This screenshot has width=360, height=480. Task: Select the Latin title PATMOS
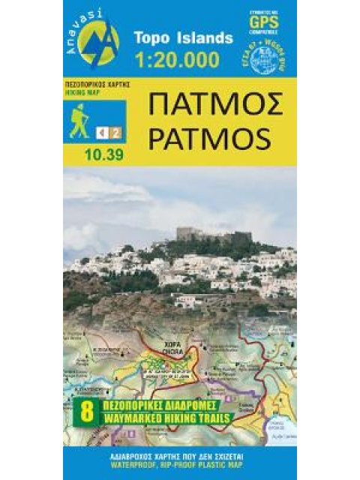(x=216, y=139)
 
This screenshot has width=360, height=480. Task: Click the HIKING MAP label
(x=84, y=94)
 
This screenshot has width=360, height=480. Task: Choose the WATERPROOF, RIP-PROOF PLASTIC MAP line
(x=180, y=462)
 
